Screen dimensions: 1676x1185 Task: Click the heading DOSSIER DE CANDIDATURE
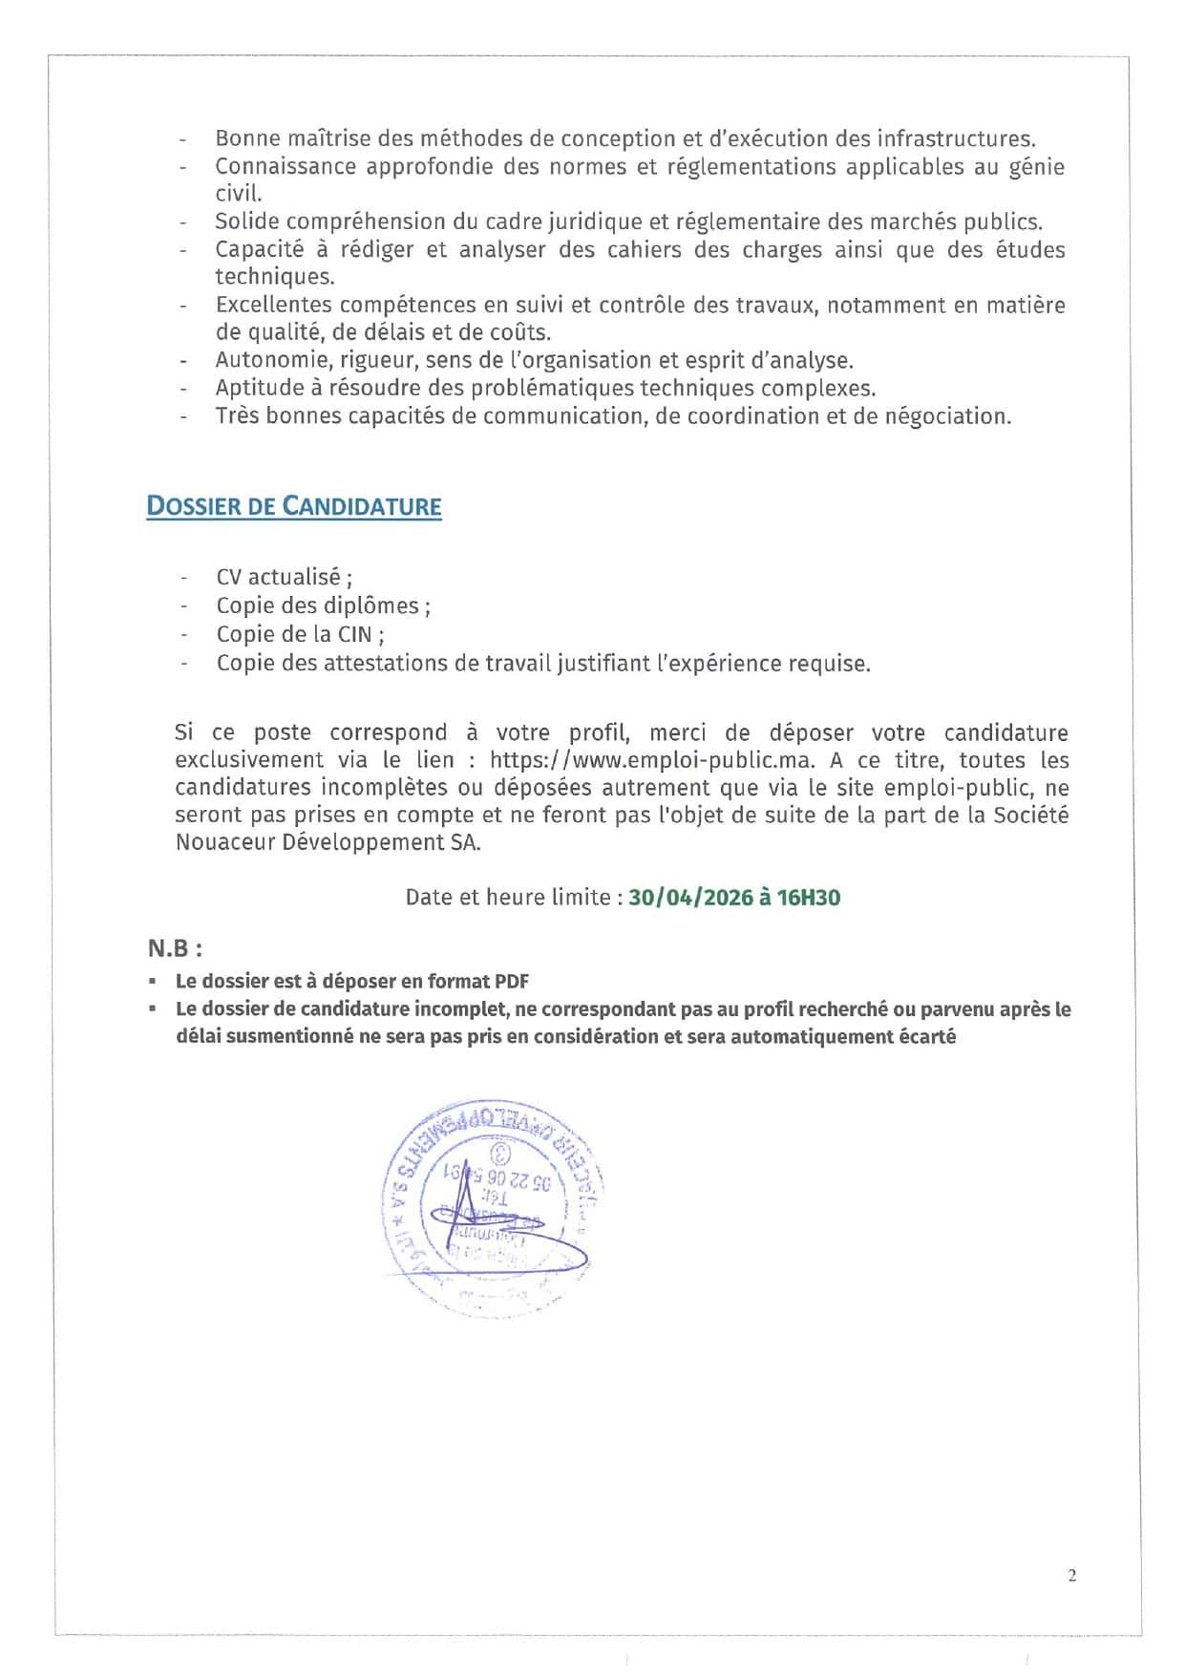pos(294,506)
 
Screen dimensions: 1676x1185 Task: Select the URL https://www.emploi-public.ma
pos(651,760)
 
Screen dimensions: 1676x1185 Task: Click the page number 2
pos(1071,1576)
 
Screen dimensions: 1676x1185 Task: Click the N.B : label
pos(175,948)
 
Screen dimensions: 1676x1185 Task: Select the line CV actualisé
pos(284,577)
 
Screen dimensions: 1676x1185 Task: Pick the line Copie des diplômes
pos(323,605)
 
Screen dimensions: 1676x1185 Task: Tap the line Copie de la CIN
pos(300,634)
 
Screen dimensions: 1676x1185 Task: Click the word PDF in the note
pos(511,982)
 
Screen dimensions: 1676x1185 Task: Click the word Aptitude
pos(257,388)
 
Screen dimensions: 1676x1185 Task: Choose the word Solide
pos(245,222)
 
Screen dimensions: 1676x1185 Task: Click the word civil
pos(238,193)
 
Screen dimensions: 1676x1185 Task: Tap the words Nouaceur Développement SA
pos(328,842)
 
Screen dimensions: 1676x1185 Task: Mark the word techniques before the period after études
pos(273,277)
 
